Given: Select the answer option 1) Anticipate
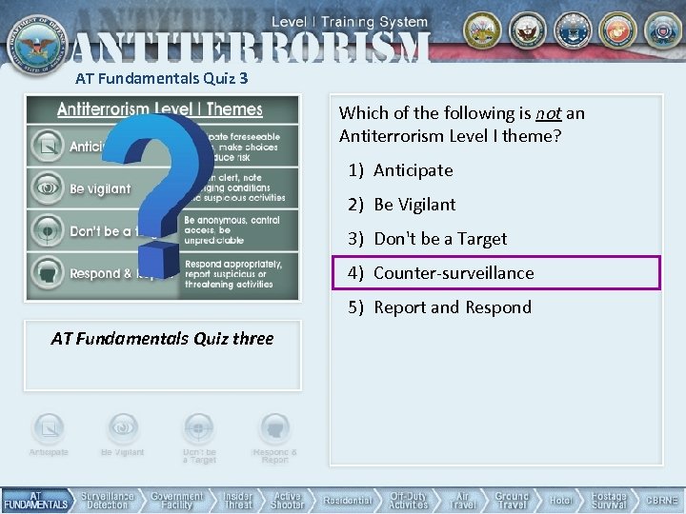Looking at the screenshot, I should point(413,170).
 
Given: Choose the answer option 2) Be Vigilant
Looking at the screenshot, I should point(414,205).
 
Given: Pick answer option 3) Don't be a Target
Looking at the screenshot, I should point(439,239).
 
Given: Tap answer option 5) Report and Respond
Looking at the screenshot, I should point(452,307).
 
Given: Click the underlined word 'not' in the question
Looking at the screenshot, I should point(548,113).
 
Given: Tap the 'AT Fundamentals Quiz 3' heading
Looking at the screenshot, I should point(162,79).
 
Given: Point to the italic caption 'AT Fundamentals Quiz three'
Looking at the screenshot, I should point(162,339).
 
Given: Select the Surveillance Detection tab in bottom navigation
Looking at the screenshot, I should point(107,501).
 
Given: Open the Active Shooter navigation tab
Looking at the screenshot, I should point(287,501).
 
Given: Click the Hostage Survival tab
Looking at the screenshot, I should point(609,501).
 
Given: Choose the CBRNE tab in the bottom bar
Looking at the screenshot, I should point(662,501).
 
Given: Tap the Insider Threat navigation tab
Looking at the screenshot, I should point(237,501).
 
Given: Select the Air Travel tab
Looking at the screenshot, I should point(462,501).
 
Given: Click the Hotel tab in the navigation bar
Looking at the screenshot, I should point(560,501).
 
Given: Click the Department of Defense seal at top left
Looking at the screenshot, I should point(35,40).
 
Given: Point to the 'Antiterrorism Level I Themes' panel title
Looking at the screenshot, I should point(160,109).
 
